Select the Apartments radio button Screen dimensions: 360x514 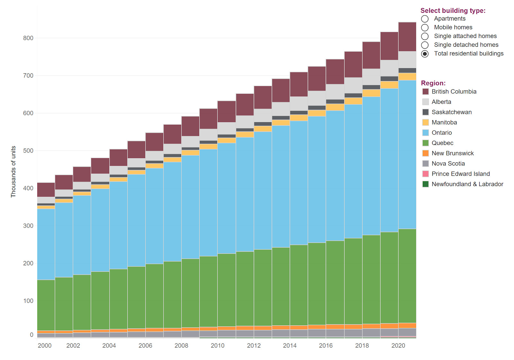pyautogui.click(x=425, y=19)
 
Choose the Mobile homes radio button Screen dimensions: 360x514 pyautogui.click(x=425, y=28)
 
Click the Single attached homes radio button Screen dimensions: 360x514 pyautogui.click(x=425, y=36)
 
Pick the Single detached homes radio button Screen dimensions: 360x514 pyautogui.click(x=425, y=45)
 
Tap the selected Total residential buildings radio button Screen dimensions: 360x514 pyautogui.click(x=425, y=54)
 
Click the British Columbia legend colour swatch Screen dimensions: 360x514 pyautogui.click(x=425, y=92)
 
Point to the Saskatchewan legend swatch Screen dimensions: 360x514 pyautogui.click(x=425, y=112)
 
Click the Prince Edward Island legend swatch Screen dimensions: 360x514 pyautogui.click(x=425, y=174)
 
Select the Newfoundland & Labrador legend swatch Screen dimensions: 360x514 pyautogui.click(x=425, y=184)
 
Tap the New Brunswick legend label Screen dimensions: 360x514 pyautogui.click(x=452, y=153)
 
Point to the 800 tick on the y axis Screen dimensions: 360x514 pyautogui.click(x=28, y=38)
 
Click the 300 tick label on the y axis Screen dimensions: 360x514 pyautogui.click(x=28, y=226)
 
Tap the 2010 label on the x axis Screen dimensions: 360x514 pyautogui.click(x=217, y=346)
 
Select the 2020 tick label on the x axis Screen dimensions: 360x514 pyautogui.click(x=398, y=346)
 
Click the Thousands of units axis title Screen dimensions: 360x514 pyautogui.click(x=13, y=172)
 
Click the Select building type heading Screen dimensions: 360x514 pyautogui.click(x=453, y=11)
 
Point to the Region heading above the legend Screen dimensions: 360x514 pyautogui.click(x=433, y=83)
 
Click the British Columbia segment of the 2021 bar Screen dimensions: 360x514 pyautogui.click(x=407, y=37)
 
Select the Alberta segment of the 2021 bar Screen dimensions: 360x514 pyautogui.click(x=407, y=60)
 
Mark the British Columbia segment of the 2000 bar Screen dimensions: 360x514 pyautogui.click(x=46, y=190)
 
